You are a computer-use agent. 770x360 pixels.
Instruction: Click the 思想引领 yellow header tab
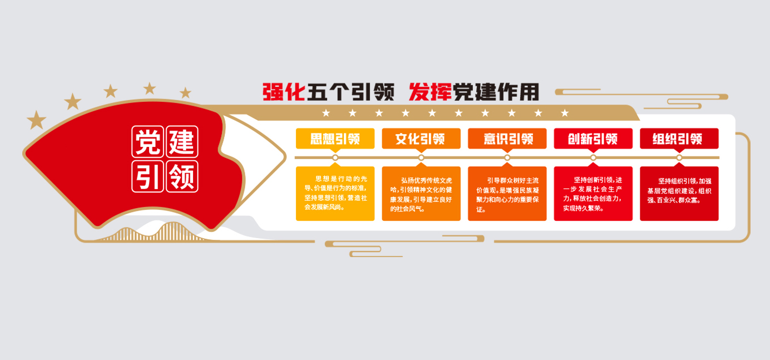tap(335, 139)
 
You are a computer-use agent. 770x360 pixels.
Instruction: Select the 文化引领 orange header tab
tap(421, 139)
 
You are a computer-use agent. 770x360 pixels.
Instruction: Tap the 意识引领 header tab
tap(507, 139)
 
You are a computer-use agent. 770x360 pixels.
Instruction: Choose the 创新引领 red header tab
tap(593, 139)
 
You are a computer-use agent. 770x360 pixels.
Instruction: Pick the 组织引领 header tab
tap(679, 139)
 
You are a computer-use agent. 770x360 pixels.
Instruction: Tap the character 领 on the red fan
tap(182, 176)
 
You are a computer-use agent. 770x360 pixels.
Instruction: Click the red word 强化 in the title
tap(284, 92)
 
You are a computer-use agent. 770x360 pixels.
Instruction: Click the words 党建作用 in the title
tap(496, 92)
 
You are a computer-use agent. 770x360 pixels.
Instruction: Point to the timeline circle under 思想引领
tap(335, 158)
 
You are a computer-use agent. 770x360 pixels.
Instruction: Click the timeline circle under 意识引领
tap(507, 158)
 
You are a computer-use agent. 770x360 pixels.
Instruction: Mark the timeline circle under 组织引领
tap(679, 158)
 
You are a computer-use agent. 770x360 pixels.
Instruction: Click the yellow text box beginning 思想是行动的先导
tap(335, 193)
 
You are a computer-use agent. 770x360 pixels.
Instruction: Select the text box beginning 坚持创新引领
tap(593, 193)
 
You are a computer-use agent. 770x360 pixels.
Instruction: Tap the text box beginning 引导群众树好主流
tap(507, 193)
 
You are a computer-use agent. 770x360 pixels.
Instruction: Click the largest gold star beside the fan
tap(37, 119)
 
